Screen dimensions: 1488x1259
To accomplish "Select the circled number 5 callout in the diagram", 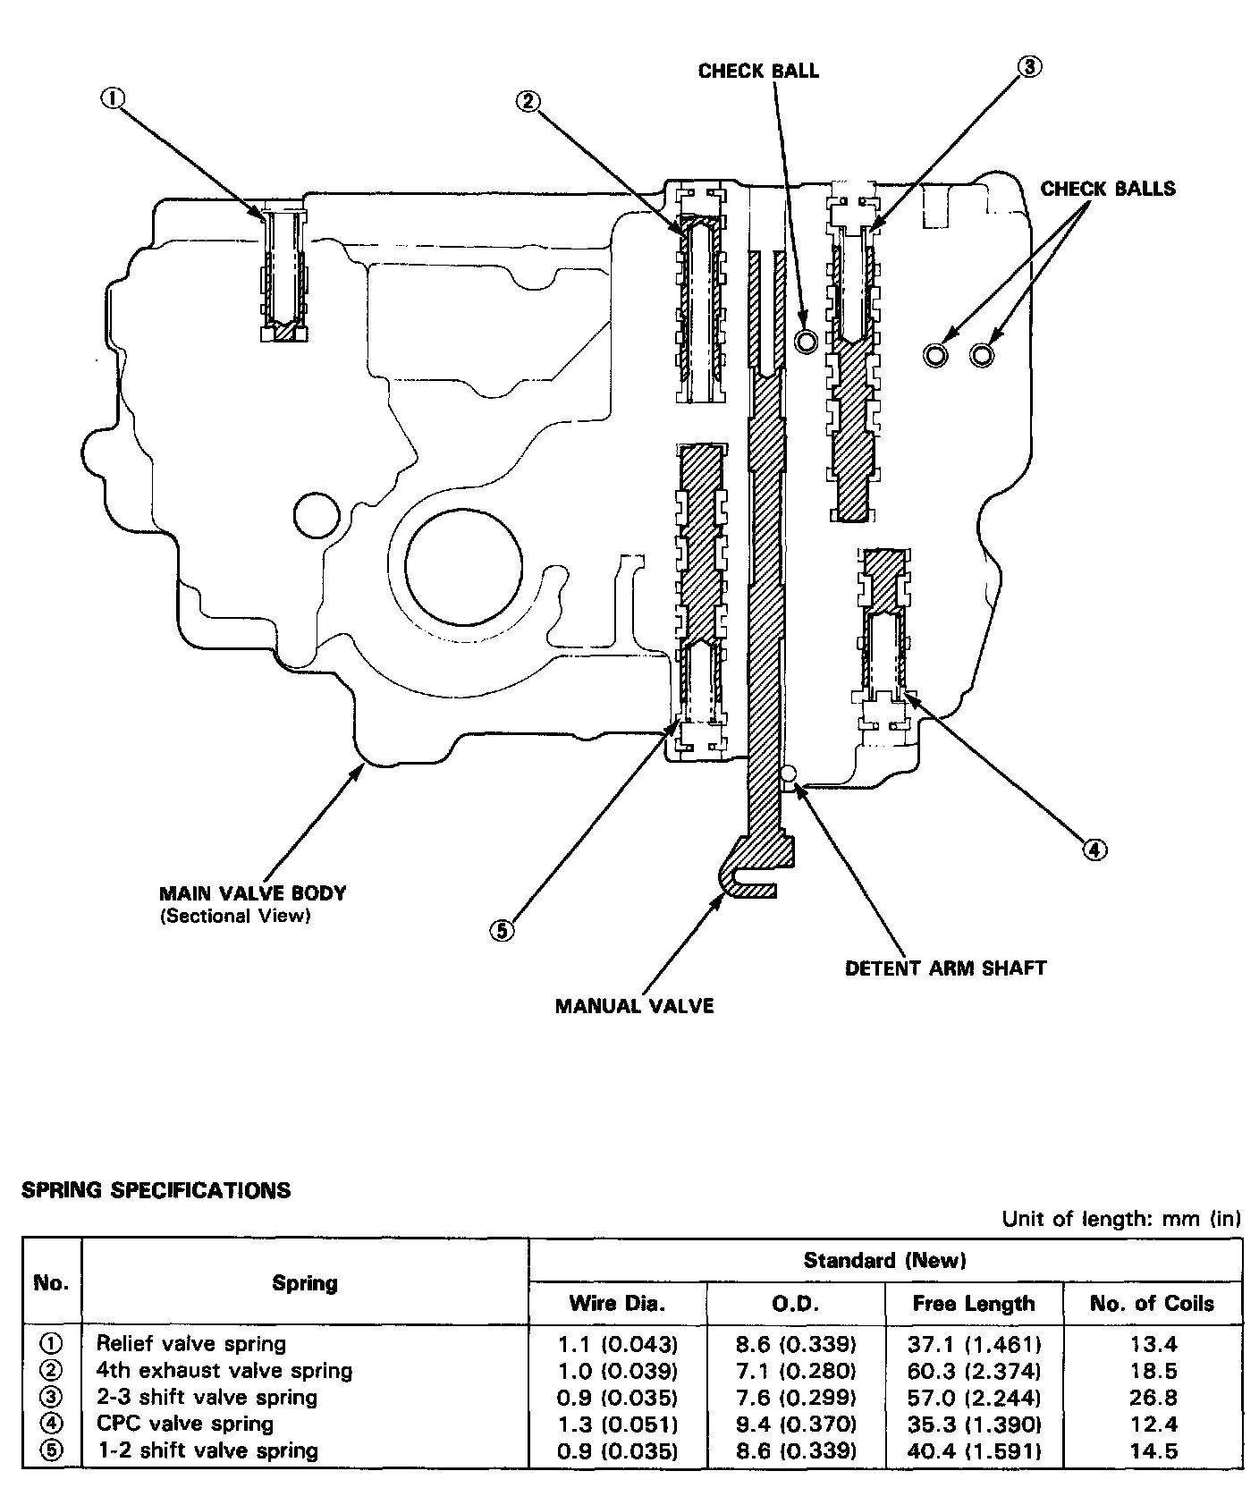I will (x=502, y=931).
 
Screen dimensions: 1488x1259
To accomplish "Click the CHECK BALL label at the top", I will (x=758, y=72).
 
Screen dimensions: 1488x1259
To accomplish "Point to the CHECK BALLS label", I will (x=1108, y=189).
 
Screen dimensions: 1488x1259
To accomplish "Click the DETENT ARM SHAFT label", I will (x=945, y=968).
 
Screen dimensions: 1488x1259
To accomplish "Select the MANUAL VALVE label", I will (x=634, y=1006).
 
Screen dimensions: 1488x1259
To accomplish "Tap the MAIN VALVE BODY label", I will (x=252, y=892).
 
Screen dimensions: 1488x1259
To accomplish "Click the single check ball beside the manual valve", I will (x=806, y=340).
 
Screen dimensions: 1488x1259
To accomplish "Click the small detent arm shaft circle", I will (x=788, y=773).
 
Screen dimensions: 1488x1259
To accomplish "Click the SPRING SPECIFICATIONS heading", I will (x=156, y=1190).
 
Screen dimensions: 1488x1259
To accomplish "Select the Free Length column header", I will (x=974, y=1303).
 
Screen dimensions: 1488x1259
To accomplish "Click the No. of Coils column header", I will (x=1152, y=1303).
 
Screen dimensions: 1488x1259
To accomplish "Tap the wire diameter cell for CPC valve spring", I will (x=617, y=1424).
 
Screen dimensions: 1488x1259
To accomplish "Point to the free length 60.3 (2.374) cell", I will (x=974, y=1370).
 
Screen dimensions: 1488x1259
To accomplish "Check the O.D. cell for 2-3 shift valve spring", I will (x=795, y=1397).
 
